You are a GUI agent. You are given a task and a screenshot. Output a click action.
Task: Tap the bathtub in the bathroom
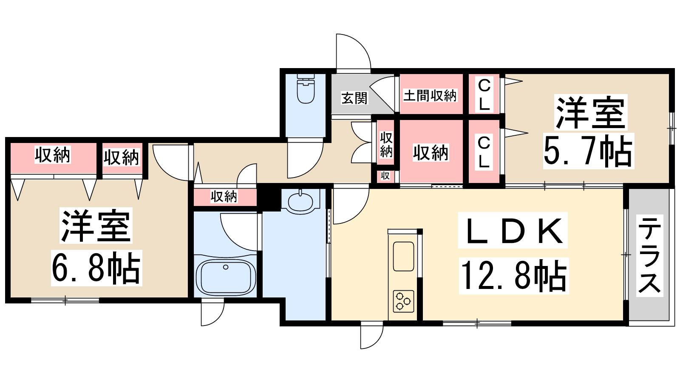click(226, 277)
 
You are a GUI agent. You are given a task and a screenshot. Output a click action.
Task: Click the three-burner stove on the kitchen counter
click(403, 301)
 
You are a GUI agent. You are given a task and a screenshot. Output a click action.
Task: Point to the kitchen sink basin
click(403, 256)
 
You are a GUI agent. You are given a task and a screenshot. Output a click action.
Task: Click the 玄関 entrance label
click(354, 98)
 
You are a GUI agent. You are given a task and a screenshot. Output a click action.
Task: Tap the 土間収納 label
click(430, 96)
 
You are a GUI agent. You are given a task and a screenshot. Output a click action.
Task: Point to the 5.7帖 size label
click(589, 151)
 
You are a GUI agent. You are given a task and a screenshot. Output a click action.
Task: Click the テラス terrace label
click(649, 255)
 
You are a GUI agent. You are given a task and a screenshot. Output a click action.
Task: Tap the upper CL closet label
click(484, 94)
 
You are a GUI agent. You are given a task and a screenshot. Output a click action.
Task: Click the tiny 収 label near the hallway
click(385, 176)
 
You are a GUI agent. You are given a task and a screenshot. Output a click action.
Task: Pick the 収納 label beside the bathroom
click(224, 197)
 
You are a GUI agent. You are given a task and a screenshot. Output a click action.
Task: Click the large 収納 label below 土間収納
click(431, 153)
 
